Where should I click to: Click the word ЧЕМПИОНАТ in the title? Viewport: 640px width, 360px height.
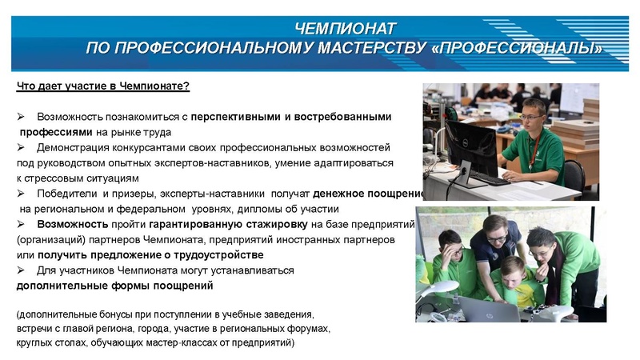click(x=345, y=30)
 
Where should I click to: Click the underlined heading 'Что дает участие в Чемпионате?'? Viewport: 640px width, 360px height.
click(x=102, y=86)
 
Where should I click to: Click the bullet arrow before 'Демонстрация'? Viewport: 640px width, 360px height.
click(x=22, y=148)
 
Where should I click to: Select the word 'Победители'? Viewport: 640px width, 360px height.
click(x=62, y=194)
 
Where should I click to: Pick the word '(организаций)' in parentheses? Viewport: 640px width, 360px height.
click(x=48, y=240)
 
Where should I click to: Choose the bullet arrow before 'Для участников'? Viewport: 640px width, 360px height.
click(x=22, y=270)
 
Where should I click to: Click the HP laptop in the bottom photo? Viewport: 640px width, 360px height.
click(x=486, y=308)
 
